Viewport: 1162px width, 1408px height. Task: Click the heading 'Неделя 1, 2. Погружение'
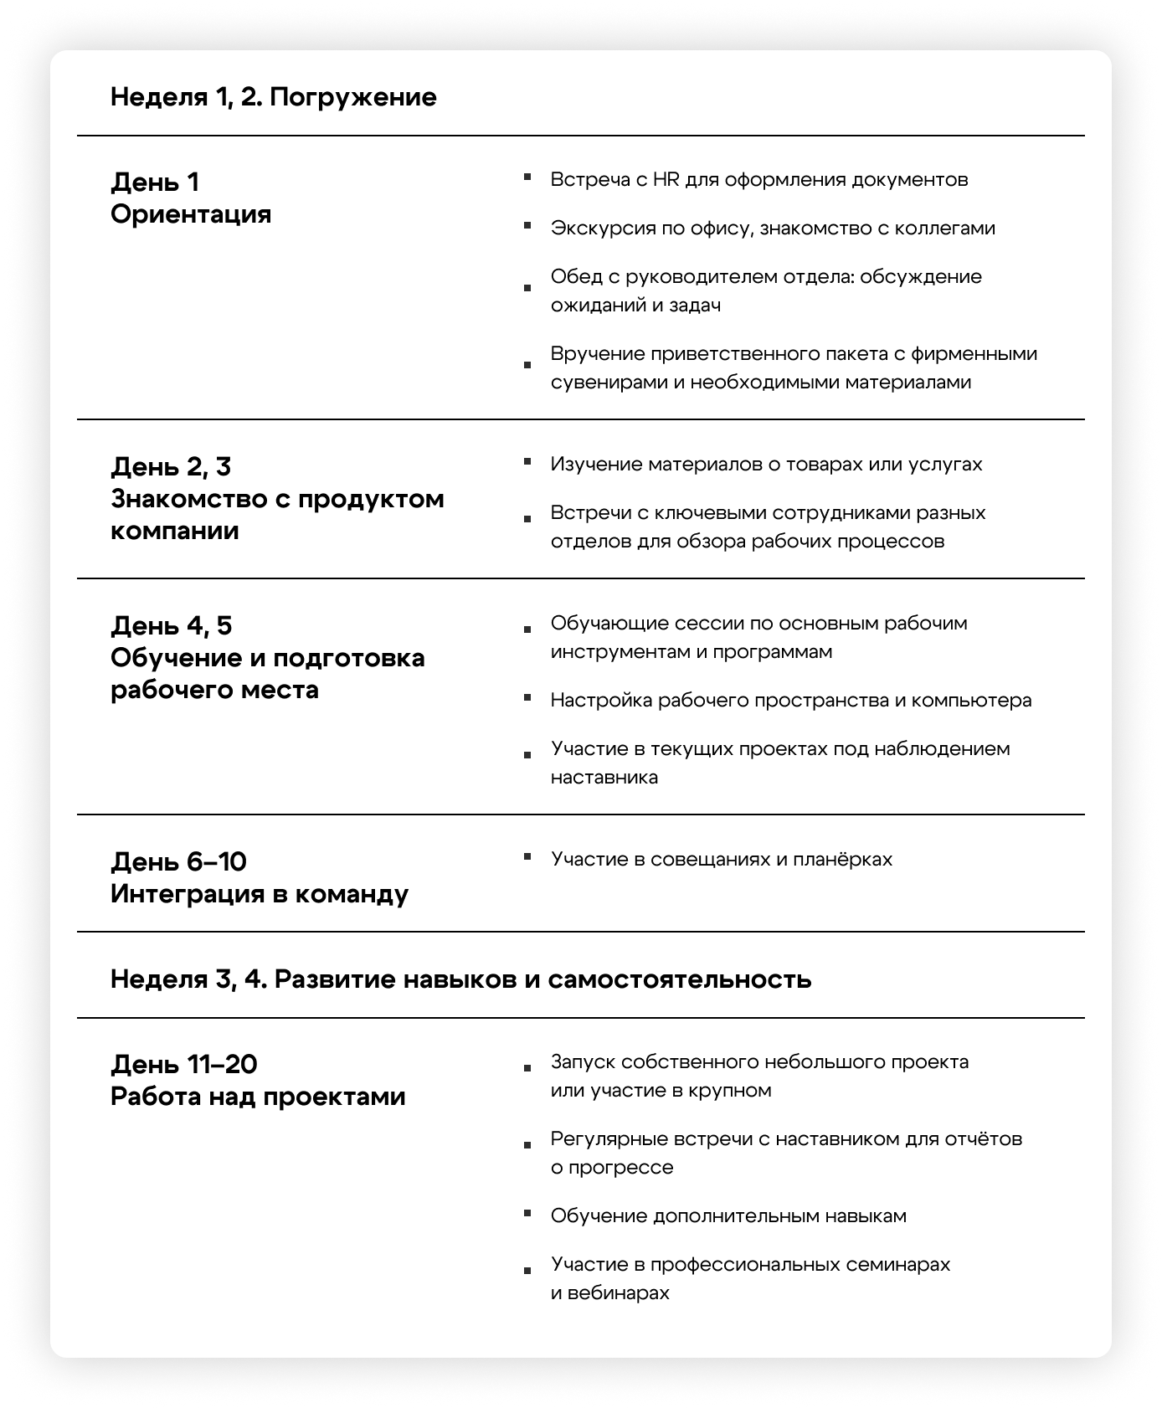273,97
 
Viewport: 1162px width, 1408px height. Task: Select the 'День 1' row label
155,182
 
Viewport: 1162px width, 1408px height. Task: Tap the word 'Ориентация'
191,214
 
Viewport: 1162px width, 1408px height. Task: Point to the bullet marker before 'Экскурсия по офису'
527,225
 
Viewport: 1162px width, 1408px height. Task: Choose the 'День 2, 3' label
171,467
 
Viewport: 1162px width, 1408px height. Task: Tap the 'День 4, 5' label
171,626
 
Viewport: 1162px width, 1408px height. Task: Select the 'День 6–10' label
178,862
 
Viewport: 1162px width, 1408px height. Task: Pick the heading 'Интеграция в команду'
260,894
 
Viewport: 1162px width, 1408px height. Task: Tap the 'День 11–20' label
183,1065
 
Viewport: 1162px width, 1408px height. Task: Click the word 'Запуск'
584,1062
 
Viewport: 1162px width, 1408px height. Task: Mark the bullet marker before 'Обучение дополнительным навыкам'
527,1213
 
